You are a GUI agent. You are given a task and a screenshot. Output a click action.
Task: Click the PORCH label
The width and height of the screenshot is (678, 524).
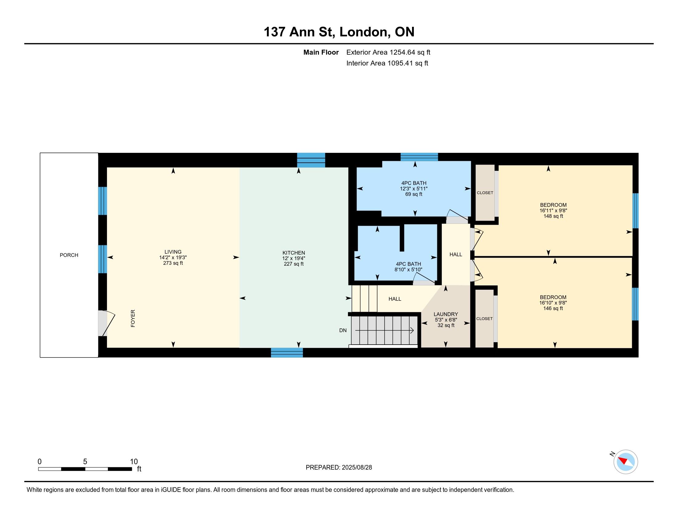point(69,255)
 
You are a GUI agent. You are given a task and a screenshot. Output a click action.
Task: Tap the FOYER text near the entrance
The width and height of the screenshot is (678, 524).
point(133,318)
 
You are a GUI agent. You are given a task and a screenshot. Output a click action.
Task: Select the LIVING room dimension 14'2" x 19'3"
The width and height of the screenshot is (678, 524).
point(173,257)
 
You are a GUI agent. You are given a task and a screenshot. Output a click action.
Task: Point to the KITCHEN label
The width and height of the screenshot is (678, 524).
point(294,253)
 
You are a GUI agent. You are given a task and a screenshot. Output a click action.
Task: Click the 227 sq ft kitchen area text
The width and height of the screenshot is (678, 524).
point(294,264)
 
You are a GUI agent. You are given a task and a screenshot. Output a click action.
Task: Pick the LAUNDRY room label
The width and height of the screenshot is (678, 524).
point(446,314)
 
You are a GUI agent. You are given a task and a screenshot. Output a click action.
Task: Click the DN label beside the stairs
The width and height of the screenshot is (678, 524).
point(343,330)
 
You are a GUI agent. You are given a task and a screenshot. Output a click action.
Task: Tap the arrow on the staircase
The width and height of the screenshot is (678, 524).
point(384,330)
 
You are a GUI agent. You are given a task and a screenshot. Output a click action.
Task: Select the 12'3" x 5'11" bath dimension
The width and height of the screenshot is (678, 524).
point(414,188)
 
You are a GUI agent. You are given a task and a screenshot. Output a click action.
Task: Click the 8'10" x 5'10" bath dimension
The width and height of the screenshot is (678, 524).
point(409,269)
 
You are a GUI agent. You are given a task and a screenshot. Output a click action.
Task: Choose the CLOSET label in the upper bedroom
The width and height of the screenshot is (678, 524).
point(485,193)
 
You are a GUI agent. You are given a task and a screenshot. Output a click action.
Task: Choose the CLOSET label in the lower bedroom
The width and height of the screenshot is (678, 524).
point(484,318)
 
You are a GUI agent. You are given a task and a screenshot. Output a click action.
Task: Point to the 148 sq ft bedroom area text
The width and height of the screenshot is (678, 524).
point(553,216)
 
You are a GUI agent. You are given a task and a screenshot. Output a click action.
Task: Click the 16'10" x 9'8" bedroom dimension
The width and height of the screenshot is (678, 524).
point(553,303)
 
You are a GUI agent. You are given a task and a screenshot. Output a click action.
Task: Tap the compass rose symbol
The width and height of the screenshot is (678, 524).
point(626,462)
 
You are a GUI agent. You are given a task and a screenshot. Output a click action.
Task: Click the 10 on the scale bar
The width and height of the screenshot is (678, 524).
point(134,462)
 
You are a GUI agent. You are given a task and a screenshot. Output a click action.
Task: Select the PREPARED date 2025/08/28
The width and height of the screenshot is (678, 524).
point(357,468)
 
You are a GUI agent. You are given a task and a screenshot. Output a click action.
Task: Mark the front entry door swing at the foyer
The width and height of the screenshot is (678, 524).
point(107,323)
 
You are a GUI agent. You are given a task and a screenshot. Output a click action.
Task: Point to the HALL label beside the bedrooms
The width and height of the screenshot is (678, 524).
point(456,255)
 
